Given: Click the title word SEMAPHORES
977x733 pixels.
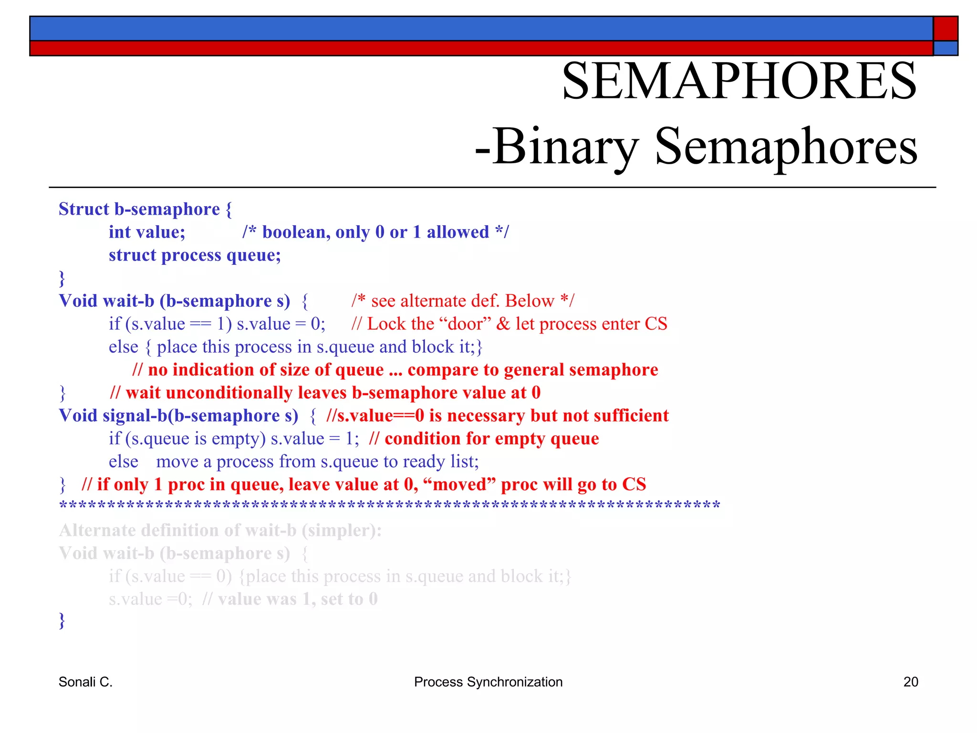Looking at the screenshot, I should point(739,81).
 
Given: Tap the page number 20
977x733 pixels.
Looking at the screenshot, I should point(910,682).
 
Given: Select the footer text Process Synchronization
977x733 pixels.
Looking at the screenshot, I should point(488,682).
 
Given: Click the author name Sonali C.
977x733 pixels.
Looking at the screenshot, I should point(85,682).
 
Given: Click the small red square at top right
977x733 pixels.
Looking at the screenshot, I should point(945,29).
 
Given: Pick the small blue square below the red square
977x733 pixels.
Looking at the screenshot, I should point(945,48).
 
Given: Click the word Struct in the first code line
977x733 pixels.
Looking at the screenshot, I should point(84,209).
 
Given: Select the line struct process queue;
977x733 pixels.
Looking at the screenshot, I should point(195,255).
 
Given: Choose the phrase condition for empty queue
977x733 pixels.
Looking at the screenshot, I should point(491,439).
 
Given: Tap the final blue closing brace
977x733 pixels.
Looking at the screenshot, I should point(62,621).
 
